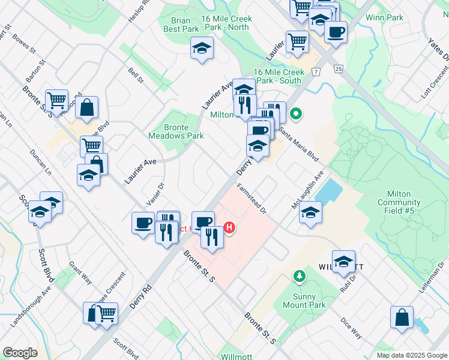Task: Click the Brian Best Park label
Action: click(x=181, y=25)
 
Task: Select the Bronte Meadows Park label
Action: click(x=176, y=131)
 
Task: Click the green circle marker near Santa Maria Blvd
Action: click(x=295, y=113)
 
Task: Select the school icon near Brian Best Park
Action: click(x=202, y=48)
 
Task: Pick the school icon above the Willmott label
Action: click(x=343, y=262)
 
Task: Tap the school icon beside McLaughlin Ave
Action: click(x=310, y=212)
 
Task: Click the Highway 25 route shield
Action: click(x=339, y=69)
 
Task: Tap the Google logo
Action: click(x=20, y=353)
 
